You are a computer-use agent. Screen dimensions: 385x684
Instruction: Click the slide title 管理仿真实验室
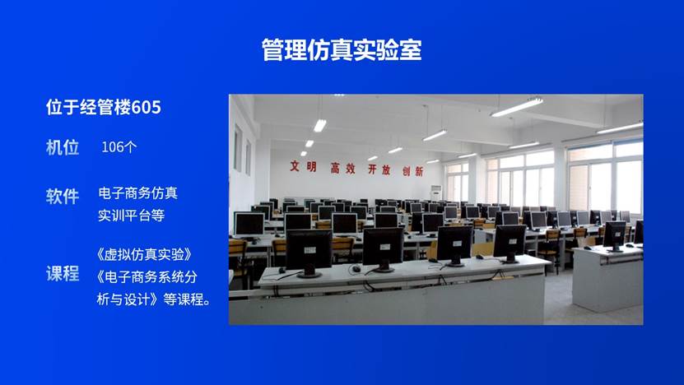click(342, 49)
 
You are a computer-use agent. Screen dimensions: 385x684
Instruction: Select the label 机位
click(63, 147)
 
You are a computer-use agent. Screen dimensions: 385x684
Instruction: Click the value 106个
click(119, 148)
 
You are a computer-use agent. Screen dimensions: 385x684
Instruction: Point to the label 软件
click(63, 196)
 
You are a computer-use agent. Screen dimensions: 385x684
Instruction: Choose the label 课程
click(63, 274)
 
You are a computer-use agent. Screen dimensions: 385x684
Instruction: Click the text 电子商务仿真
click(137, 193)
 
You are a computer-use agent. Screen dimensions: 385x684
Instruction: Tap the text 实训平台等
click(132, 216)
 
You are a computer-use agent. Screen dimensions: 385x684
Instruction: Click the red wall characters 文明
click(302, 166)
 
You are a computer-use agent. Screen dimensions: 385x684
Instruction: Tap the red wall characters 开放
click(379, 169)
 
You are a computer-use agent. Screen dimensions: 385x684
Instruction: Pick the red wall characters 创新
click(412, 171)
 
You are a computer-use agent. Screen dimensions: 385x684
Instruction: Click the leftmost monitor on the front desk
click(309, 249)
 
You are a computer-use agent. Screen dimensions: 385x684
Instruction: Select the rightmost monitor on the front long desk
click(509, 242)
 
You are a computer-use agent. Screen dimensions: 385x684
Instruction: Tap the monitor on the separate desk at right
click(614, 235)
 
